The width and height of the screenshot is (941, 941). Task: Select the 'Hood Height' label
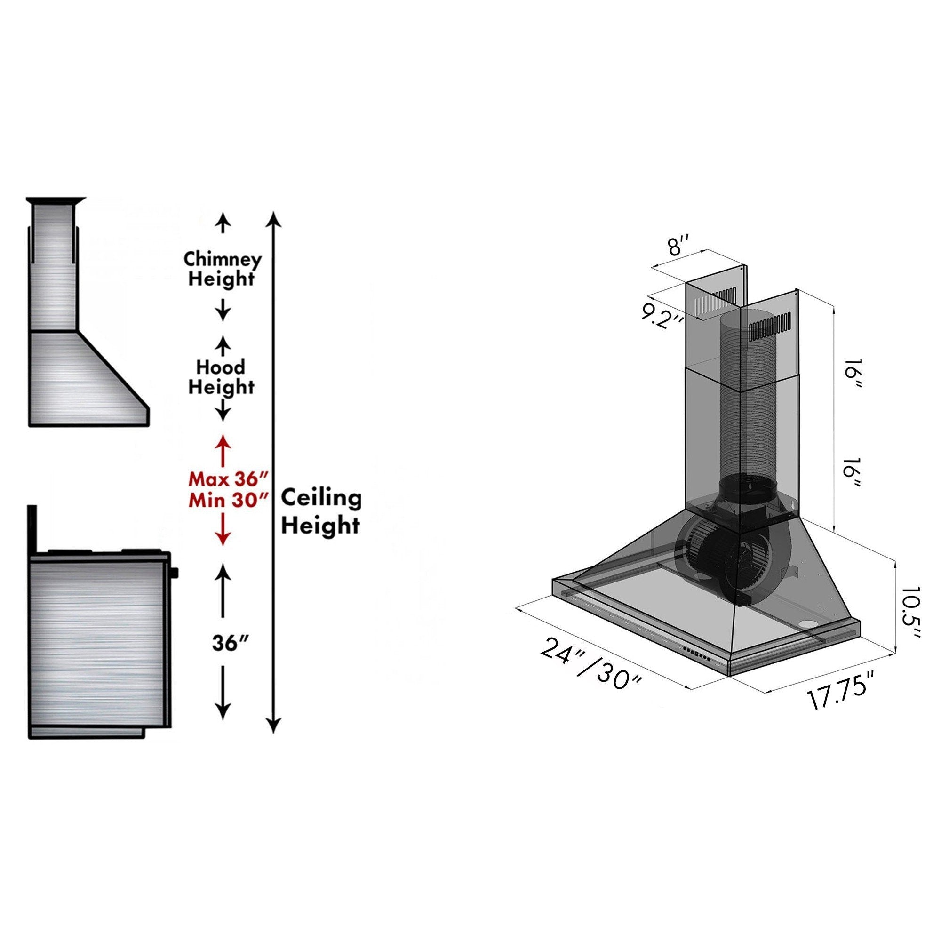[x=222, y=377]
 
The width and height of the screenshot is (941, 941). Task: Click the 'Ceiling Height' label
[x=321, y=512]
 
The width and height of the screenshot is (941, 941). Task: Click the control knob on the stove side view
[x=175, y=571]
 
